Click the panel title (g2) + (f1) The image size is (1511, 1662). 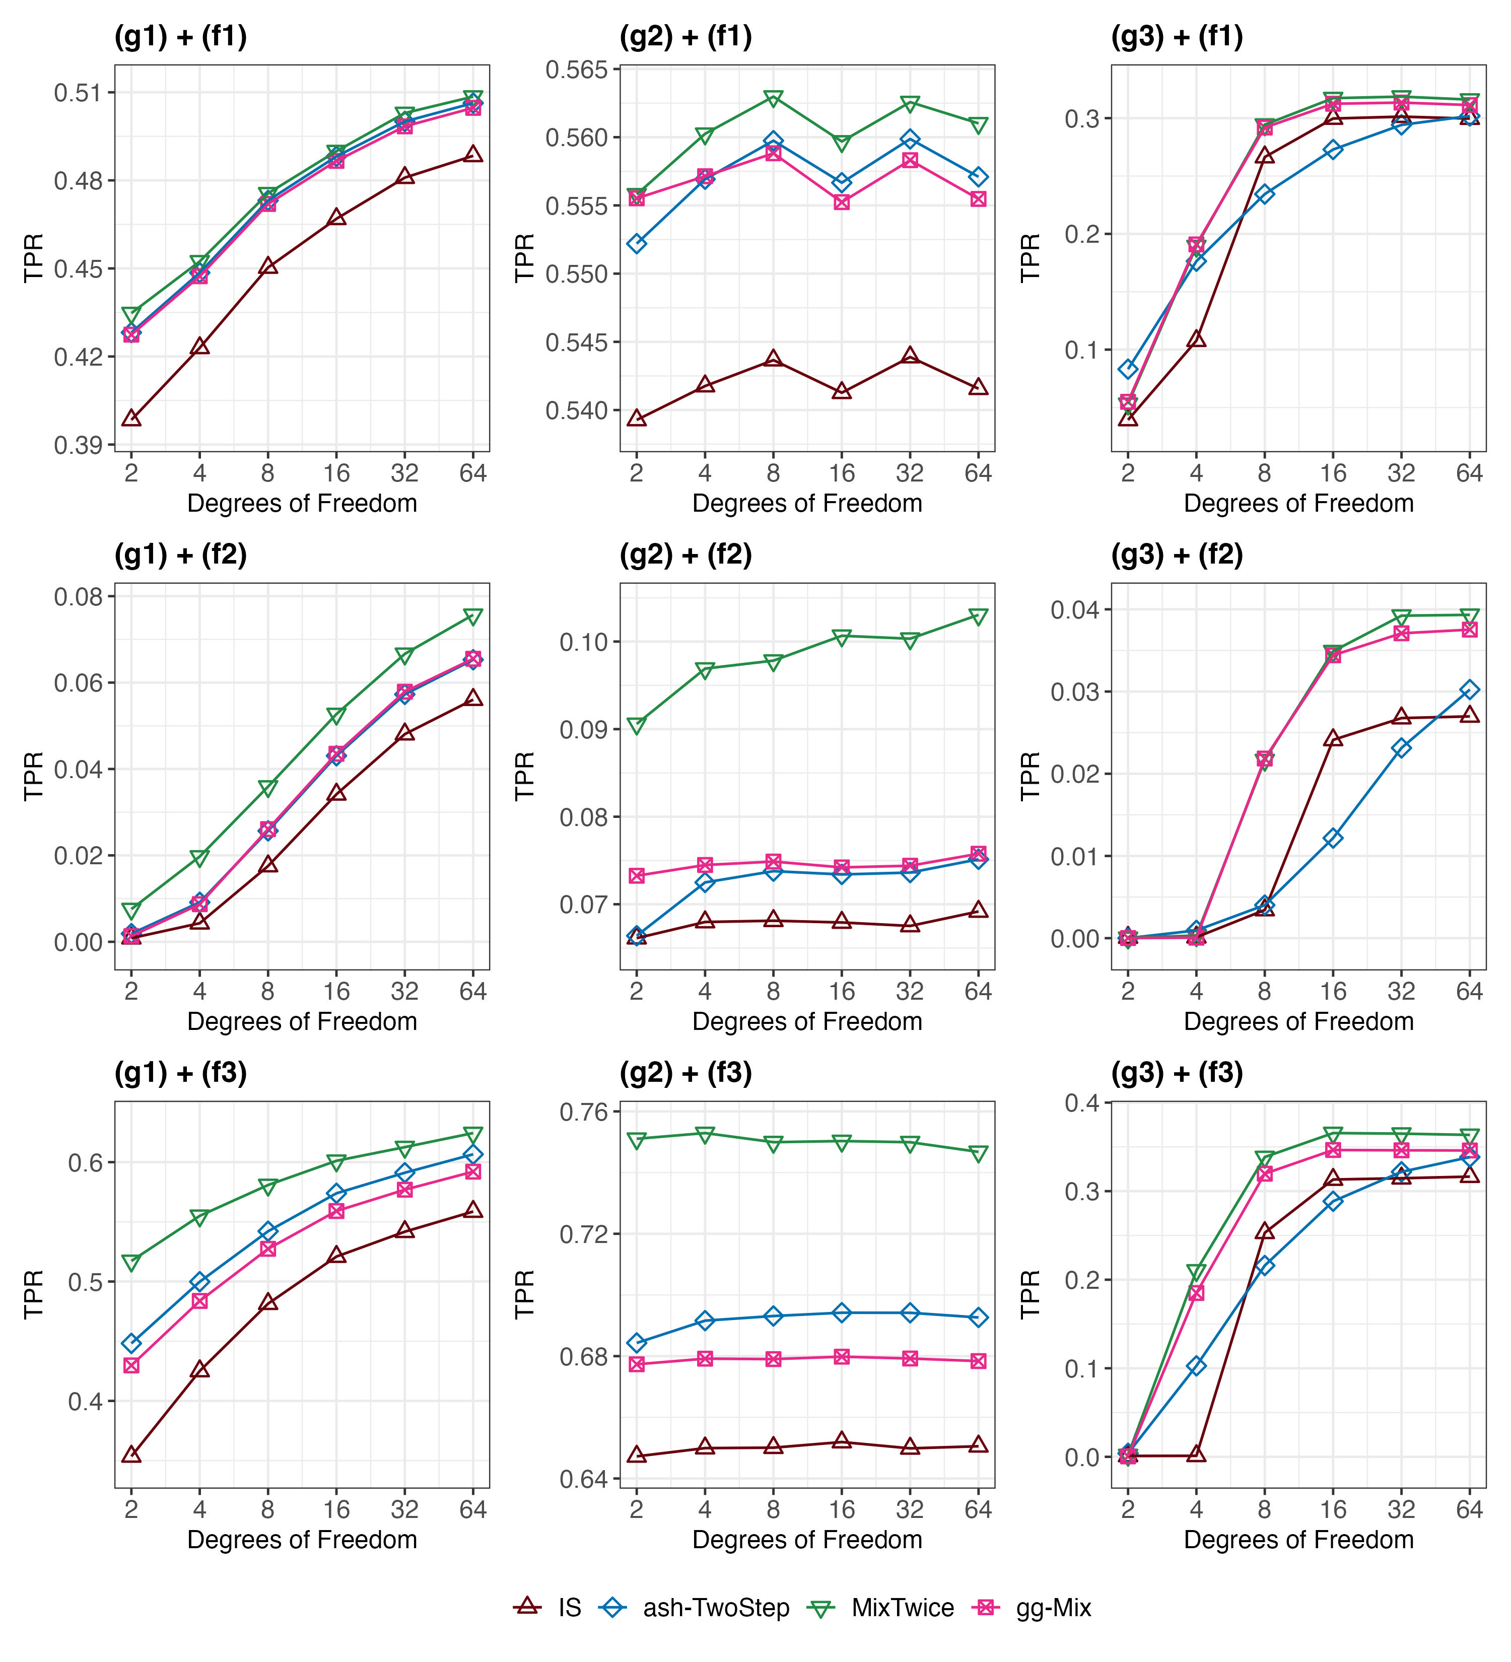(x=685, y=37)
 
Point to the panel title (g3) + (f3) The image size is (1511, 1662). (x=1177, y=1073)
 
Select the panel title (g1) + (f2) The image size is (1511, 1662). (x=180, y=555)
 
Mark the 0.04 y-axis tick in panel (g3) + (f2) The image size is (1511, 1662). (x=1075, y=610)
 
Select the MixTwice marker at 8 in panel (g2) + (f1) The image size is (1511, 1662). (x=773, y=99)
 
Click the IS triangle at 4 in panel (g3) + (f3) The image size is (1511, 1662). (x=1196, y=1455)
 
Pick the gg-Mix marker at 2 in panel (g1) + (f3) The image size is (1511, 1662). (x=131, y=1365)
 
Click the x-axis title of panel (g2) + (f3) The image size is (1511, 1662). (x=807, y=1540)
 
